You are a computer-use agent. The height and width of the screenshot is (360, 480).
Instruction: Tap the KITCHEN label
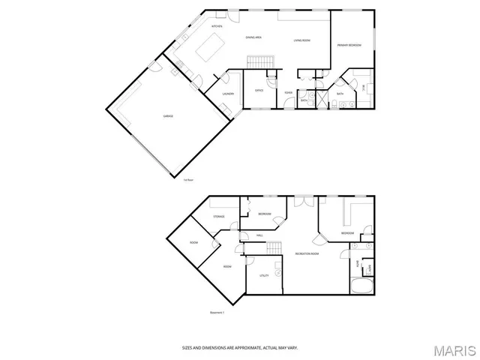217,26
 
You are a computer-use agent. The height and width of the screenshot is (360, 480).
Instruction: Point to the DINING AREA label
253,37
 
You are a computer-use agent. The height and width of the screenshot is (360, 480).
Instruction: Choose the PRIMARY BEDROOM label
349,45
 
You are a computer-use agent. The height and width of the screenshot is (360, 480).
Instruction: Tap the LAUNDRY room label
228,94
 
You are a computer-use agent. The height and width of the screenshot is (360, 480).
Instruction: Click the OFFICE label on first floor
259,90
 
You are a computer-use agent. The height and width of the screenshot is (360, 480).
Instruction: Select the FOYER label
288,91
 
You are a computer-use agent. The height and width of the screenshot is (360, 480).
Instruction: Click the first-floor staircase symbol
259,61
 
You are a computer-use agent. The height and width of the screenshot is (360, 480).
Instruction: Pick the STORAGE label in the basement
218,217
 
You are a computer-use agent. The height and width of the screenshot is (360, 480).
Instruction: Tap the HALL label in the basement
259,235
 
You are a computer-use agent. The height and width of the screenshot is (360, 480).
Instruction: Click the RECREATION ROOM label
307,254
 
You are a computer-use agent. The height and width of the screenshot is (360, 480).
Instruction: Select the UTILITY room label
264,276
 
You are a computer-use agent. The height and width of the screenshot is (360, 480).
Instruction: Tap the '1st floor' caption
189,180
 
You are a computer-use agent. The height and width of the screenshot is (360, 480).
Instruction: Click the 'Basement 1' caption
217,313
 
